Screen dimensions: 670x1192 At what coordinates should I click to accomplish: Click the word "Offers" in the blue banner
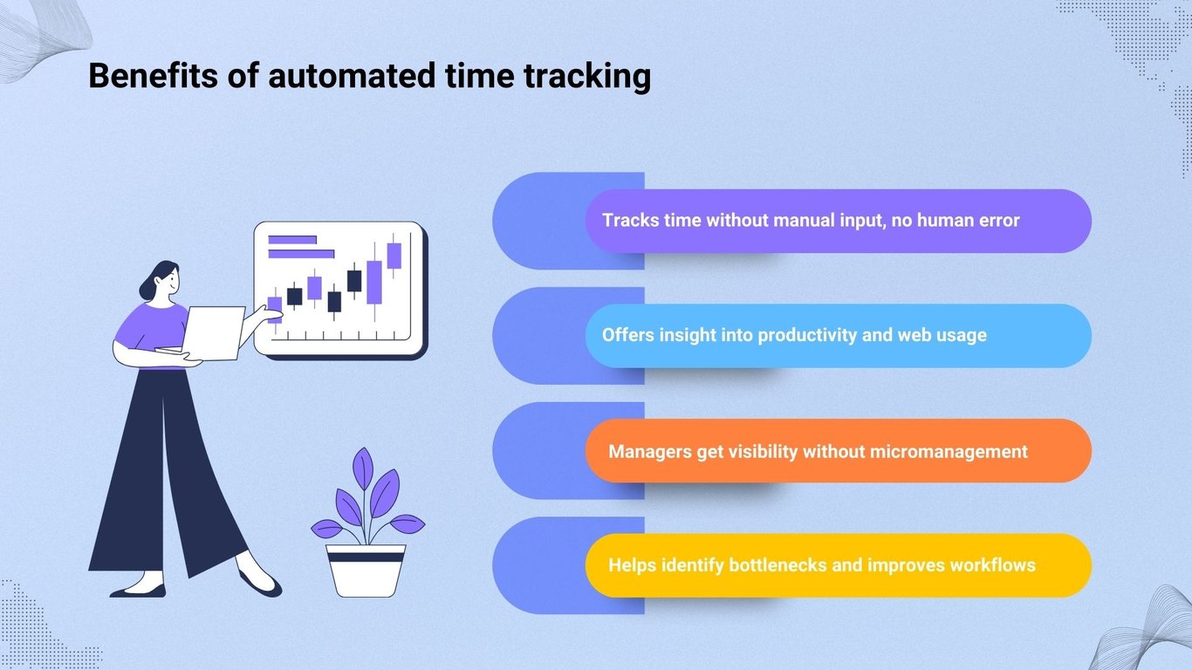(627, 335)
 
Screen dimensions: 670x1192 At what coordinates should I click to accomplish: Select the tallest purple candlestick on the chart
(374, 281)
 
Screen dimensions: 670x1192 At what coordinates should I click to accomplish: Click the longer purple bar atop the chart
(301, 254)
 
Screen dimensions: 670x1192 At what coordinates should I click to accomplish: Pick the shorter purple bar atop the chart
(292, 239)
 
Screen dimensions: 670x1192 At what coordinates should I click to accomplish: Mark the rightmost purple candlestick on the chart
(394, 256)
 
